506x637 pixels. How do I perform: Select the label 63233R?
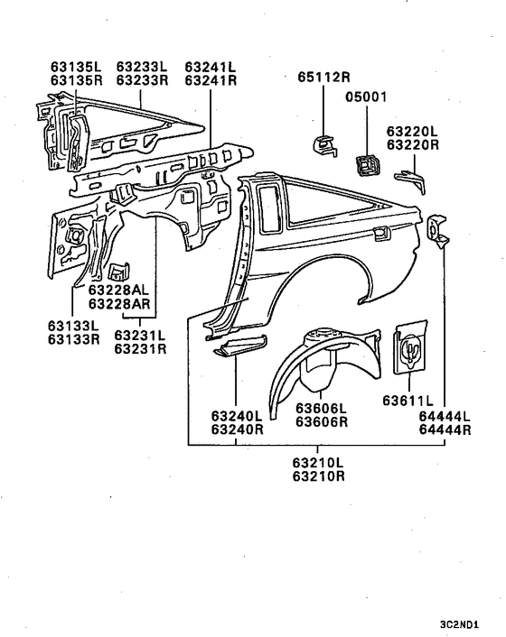[140, 79]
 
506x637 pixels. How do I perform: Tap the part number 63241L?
[210, 67]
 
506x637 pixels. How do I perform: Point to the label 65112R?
[324, 78]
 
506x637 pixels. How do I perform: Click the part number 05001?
[367, 96]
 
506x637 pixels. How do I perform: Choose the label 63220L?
[413, 131]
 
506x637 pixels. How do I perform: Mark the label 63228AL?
[119, 290]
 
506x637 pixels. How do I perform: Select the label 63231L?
[140, 336]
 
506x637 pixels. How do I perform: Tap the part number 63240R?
[237, 429]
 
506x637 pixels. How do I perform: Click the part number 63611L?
[408, 400]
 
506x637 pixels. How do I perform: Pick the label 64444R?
[445, 429]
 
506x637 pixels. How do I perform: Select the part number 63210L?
[318, 463]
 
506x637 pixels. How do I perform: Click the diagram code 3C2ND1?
[460, 623]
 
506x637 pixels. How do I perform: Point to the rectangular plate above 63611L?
[409, 346]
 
